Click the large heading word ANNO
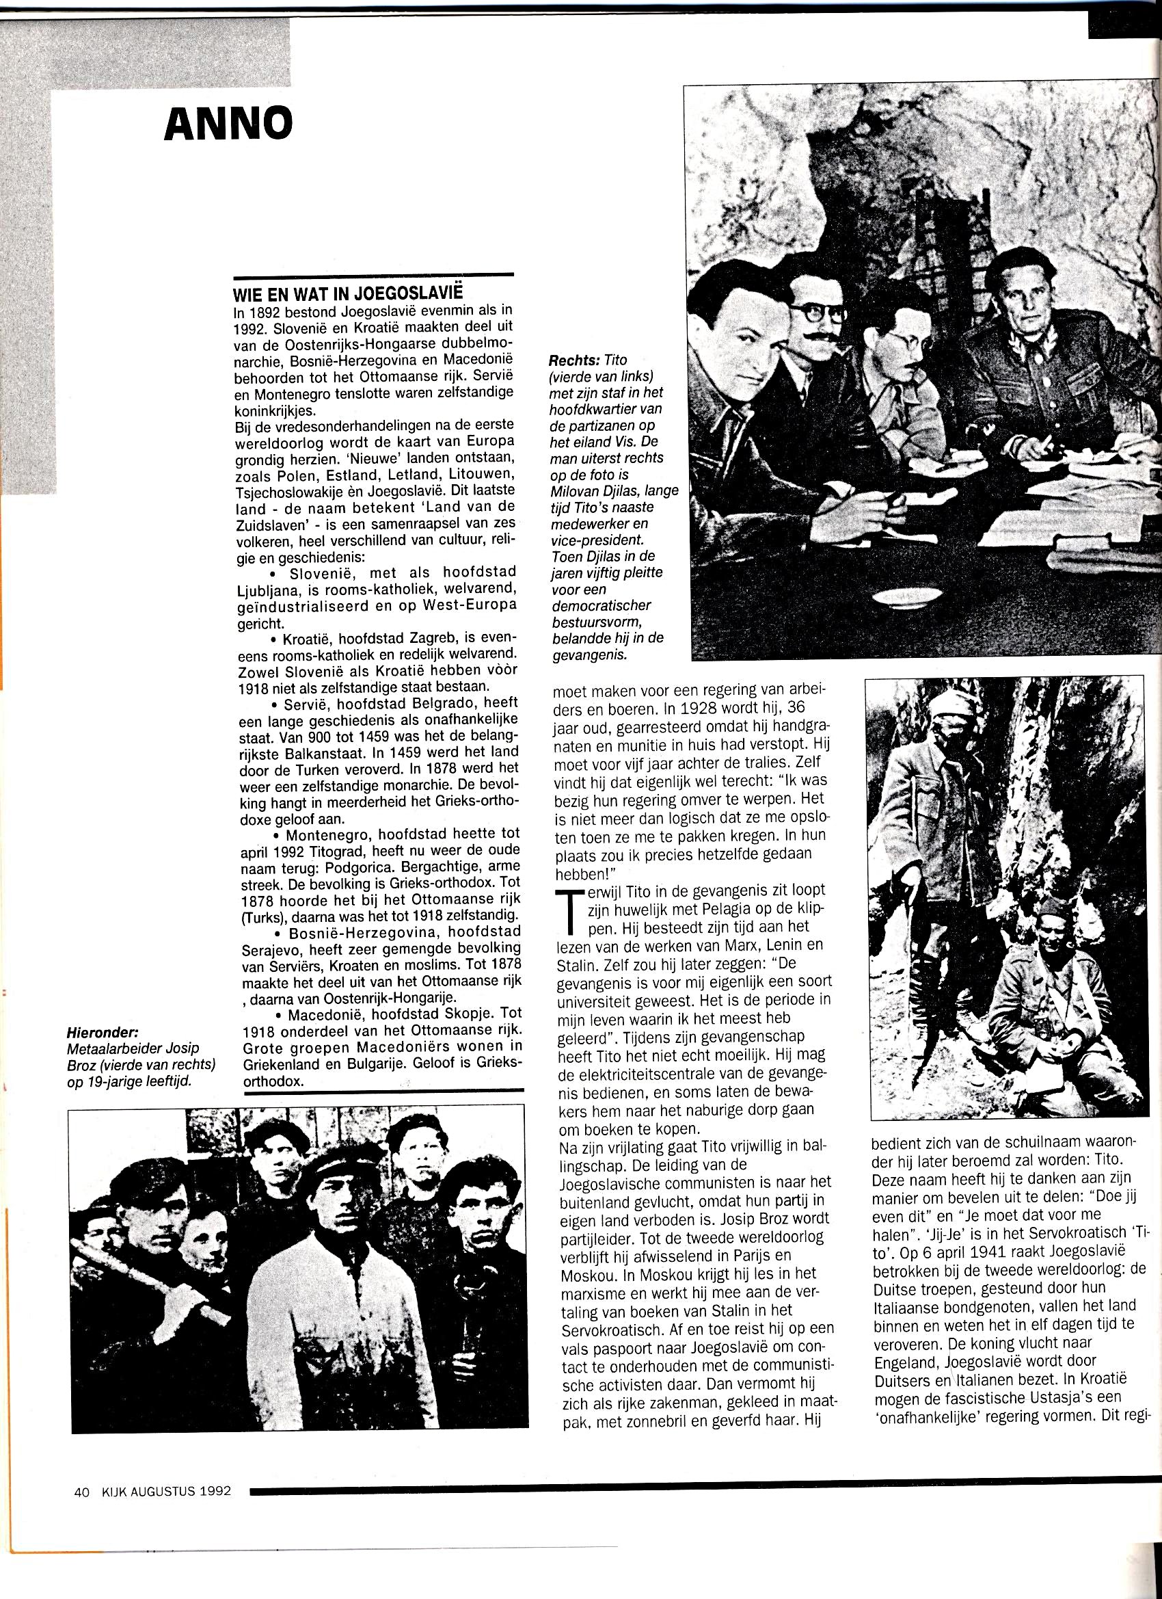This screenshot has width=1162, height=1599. (228, 124)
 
